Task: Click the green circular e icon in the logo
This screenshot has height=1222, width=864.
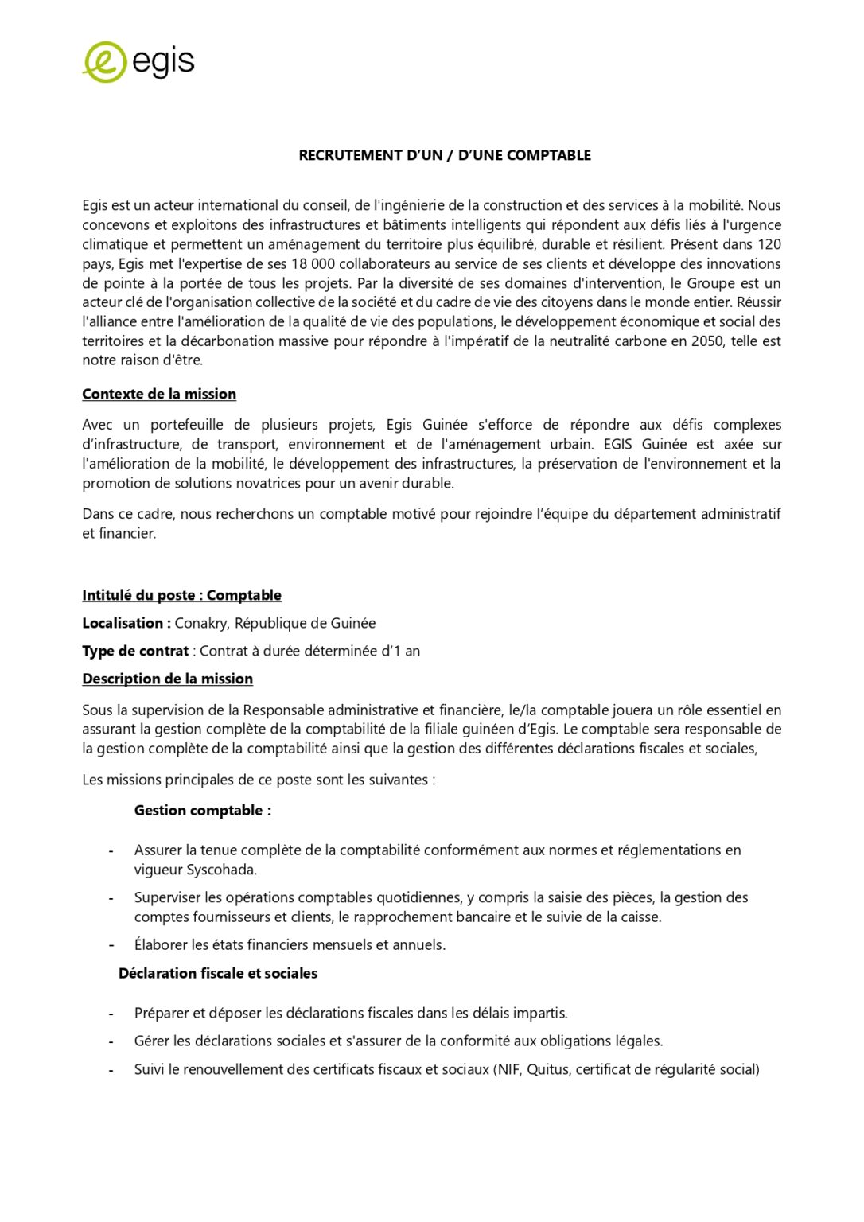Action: [104, 62]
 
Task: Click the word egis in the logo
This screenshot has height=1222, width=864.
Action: [163, 62]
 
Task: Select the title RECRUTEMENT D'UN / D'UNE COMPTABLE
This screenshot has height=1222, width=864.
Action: [445, 155]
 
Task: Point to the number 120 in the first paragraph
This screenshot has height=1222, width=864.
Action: [769, 244]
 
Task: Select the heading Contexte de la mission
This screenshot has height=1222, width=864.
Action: [159, 395]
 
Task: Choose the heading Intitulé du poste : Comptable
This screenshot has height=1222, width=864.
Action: [181, 596]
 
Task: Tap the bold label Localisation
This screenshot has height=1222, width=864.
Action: [124, 624]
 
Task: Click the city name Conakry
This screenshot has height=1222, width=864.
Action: [200, 624]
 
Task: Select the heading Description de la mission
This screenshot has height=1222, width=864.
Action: [167, 679]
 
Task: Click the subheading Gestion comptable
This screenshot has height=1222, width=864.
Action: [202, 811]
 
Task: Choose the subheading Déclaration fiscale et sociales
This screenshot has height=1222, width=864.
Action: [218, 974]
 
